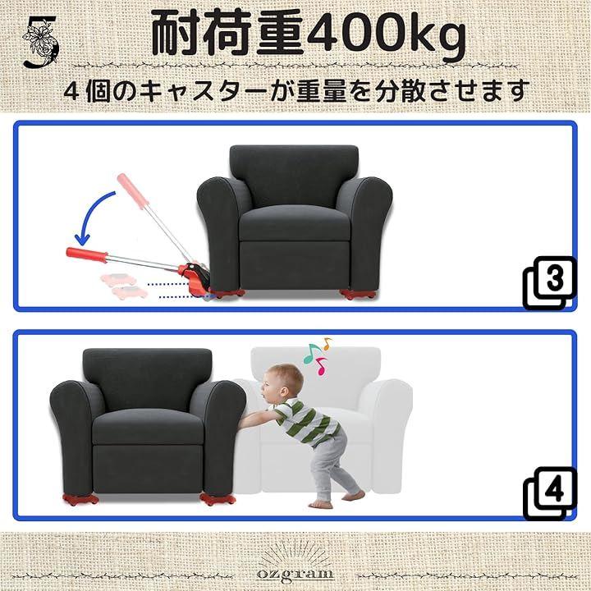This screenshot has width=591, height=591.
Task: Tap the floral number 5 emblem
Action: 40,42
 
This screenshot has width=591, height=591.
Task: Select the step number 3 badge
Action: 550,282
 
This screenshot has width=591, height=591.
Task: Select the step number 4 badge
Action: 550,493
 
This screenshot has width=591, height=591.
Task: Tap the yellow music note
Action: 327,343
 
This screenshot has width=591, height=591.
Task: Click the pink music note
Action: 321,366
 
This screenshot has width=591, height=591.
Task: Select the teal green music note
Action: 311,353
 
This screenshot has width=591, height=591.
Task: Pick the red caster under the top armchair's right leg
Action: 357,294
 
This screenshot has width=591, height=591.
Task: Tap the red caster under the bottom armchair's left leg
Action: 80,499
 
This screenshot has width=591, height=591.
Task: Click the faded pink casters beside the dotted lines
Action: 120,286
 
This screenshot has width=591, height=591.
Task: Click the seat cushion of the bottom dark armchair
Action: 148,427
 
